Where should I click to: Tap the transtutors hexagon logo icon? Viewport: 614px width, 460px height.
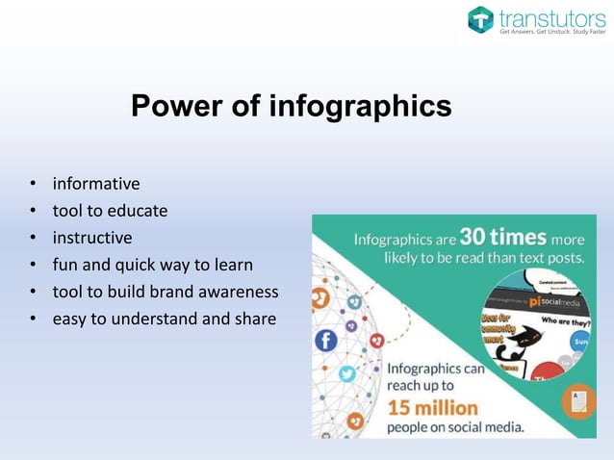[x=480, y=19]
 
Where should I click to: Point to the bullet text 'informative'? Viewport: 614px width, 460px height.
[x=96, y=184]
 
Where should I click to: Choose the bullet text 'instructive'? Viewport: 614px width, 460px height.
[x=92, y=238]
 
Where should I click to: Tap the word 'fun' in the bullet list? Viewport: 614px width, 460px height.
[x=65, y=265]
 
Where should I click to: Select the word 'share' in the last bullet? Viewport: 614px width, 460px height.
[x=254, y=319]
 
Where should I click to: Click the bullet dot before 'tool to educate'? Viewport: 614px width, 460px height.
[x=33, y=211]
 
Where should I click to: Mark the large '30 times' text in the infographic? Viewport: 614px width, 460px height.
[x=502, y=237]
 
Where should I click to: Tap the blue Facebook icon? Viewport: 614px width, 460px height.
[x=325, y=340]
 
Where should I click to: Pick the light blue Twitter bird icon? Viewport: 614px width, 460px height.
[x=346, y=374]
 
